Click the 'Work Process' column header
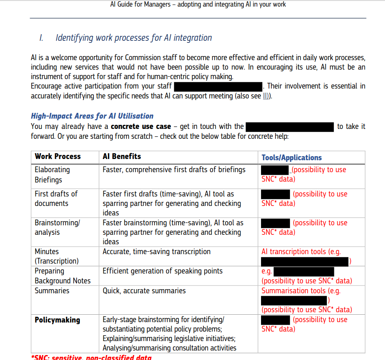click(x=58, y=157)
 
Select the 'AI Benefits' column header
click(x=122, y=157)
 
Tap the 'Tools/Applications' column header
click(x=292, y=158)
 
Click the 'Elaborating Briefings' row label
click(x=52, y=175)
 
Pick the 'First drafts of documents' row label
click(x=56, y=199)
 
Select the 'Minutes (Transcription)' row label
click(x=56, y=256)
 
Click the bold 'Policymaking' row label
click(x=57, y=320)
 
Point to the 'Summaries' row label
click(x=52, y=291)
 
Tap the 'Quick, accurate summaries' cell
click(x=144, y=291)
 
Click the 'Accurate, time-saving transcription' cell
click(x=156, y=252)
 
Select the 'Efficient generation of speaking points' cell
click(x=162, y=271)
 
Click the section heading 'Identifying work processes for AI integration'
click(x=133, y=38)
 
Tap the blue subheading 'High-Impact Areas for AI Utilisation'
click(x=92, y=116)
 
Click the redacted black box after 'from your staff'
click(x=218, y=86)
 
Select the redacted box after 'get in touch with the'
click(x=289, y=126)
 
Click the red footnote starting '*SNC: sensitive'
click(x=91, y=357)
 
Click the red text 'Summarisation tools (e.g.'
click(x=301, y=291)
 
